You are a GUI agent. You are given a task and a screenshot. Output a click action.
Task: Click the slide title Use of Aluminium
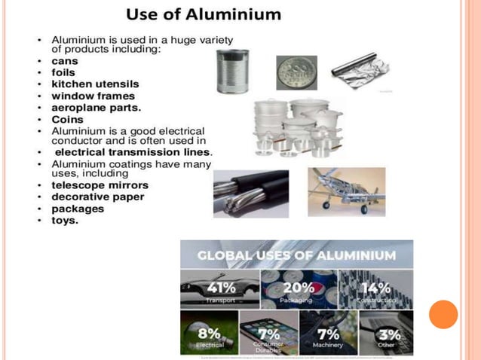(x=203, y=14)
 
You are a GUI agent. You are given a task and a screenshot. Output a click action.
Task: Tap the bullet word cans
(x=65, y=61)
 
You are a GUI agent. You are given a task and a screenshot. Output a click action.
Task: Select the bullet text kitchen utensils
(x=95, y=84)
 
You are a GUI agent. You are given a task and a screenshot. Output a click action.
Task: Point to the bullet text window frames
(x=93, y=96)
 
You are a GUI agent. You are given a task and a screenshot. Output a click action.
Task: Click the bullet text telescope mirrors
(x=100, y=185)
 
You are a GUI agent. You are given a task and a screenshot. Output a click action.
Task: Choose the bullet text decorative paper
(x=97, y=197)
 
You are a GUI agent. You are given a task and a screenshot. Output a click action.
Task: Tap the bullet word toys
(x=65, y=220)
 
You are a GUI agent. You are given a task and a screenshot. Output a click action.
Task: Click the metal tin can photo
(x=232, y=71)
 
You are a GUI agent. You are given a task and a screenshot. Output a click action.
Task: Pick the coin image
(x=296, y=73)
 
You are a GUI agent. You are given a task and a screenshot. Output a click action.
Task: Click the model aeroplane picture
(x=347, y=191)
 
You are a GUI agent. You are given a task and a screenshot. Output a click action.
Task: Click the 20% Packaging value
(x=297, y=288)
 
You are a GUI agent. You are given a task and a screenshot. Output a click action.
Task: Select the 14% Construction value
(x=375, y=288)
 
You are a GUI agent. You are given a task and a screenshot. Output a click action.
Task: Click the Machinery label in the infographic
(x=326, y=345)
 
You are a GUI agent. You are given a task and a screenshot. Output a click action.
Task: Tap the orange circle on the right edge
(x=443, y=314)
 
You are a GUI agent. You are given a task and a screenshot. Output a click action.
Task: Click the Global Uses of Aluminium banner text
(x=296, y=255)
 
